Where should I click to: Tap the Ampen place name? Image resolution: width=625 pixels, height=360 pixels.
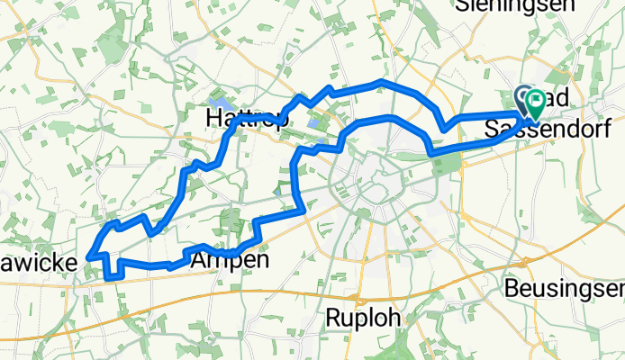tap(230, 260)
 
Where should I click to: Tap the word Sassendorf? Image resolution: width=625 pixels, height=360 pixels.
tap(548, 130)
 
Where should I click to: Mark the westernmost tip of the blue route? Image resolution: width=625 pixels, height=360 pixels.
tap(88, 257)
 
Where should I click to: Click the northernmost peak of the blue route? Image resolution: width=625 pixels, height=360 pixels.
tap(383, 83)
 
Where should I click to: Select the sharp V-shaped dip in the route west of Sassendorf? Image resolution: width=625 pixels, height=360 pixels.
tap(443, 130)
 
